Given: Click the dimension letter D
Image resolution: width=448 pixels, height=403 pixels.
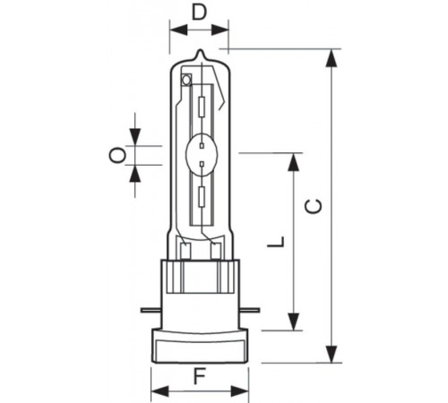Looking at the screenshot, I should point(199,13).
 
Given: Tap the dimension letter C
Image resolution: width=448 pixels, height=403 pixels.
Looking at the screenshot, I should point(311,205).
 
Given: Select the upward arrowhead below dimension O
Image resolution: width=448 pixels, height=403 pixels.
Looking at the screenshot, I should point(134,172).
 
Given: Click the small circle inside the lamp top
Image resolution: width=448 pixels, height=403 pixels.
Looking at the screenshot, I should point(186,81).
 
